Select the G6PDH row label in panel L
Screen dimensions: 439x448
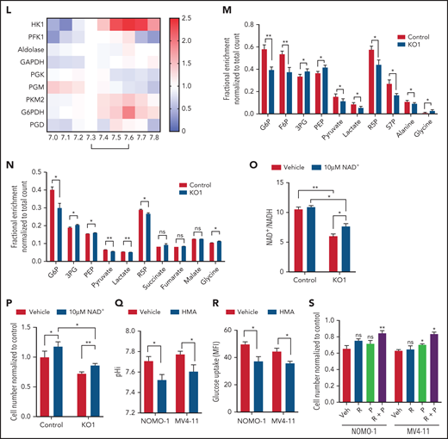11,113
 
